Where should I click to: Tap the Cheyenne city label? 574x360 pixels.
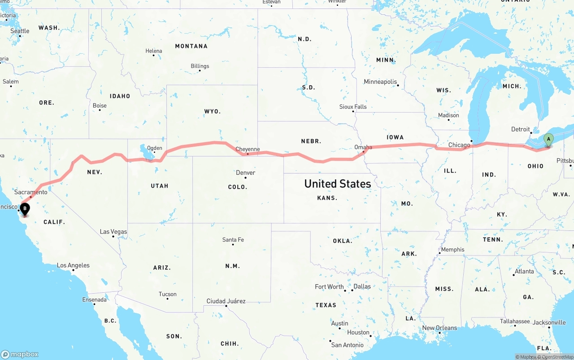pyautogui.click(x=248, y=149)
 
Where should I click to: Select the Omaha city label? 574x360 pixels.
pyautogui.click(x=363, y=147)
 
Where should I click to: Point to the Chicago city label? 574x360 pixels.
pyautogui.click(x=459, y=145)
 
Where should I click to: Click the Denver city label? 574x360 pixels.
pyautogui.click(x=245, y=173)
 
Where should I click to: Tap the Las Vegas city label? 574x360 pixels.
pyautogui.click(x=113, y=232)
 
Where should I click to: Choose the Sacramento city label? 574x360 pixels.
pyautogui.click(x=30, y=192)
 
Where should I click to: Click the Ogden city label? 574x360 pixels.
pyautogui.click(x=154, y=148)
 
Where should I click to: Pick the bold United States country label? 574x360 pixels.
pyautogui.click(x=337, y=183)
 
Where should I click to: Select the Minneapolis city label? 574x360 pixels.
pyautogui.click(x=380, y=82)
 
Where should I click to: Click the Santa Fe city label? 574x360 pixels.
pyautogui.click(x=233, y=240)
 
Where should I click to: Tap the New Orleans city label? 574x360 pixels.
pyautogui.click(x=439, y=328)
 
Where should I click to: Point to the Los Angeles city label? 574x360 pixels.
pyautogui.click(x=73, y=265)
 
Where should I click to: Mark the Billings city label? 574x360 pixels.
pyautogui.click(x=200, y=66)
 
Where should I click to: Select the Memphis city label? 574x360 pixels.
pyautogui.click(x=452, y=250)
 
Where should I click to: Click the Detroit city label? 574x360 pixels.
pyautogui.click(x=521, y=129)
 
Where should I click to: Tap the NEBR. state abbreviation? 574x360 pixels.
pyautogui.click(x=311, y=141)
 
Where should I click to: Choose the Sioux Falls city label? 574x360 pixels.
pyautogui.click(x=353, y=107)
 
